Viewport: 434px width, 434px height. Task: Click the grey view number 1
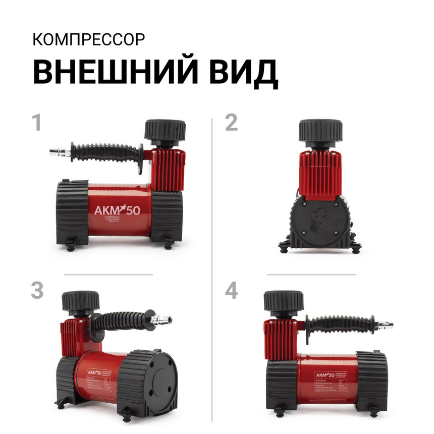point(36,123)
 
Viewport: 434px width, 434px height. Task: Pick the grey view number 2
point(231,123)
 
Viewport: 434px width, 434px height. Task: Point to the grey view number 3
point(37,291)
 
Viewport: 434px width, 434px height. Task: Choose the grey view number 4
point(231,291)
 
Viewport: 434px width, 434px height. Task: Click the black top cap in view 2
point(319,130)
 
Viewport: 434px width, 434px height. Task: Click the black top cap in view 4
point(284,301)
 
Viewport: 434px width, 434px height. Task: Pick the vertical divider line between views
point(212,267)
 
